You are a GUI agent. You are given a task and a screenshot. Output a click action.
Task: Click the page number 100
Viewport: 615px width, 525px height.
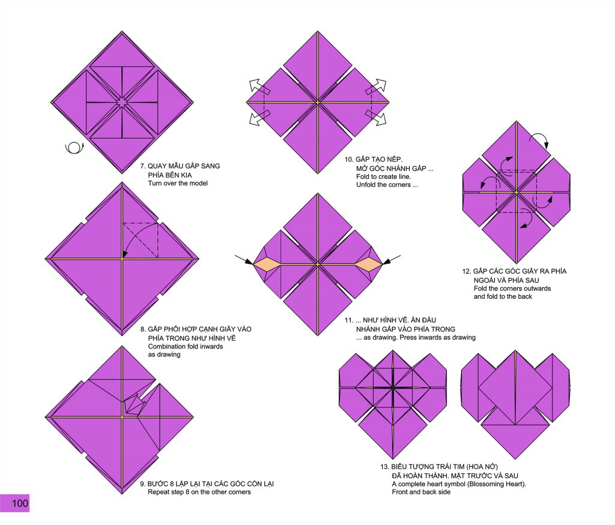20,503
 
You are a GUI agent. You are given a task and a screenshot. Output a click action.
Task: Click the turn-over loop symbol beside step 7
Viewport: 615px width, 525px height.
74,148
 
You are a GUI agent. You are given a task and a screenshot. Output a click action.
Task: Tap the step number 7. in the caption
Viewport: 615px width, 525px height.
143,166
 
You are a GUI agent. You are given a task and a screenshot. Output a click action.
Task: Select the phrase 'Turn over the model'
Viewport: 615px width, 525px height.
178,184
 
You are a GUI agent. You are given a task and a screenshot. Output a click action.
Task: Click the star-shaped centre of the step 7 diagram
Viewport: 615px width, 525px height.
122,103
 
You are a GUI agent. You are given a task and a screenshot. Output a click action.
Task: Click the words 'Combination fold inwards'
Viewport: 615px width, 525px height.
185,346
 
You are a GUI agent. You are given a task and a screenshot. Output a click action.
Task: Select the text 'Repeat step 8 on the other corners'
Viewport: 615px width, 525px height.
199,492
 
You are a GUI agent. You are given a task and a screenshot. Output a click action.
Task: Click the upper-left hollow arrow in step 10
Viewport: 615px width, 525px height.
259,87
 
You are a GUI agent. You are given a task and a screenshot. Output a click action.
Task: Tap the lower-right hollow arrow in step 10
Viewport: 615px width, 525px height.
377,118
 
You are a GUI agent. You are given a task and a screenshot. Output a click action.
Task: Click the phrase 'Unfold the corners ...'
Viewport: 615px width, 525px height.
387,185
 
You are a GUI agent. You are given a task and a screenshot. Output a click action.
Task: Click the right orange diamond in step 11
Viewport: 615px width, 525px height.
369,265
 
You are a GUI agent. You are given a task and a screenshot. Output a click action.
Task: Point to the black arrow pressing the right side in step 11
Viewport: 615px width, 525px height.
392,260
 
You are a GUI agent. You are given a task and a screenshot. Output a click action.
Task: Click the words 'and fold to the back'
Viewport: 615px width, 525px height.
503,296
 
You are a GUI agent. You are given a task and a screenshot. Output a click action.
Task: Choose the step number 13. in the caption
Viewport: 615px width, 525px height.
384,467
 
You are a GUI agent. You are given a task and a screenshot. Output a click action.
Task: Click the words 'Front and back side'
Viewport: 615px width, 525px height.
421,492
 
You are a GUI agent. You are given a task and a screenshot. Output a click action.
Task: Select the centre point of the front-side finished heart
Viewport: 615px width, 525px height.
393,388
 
